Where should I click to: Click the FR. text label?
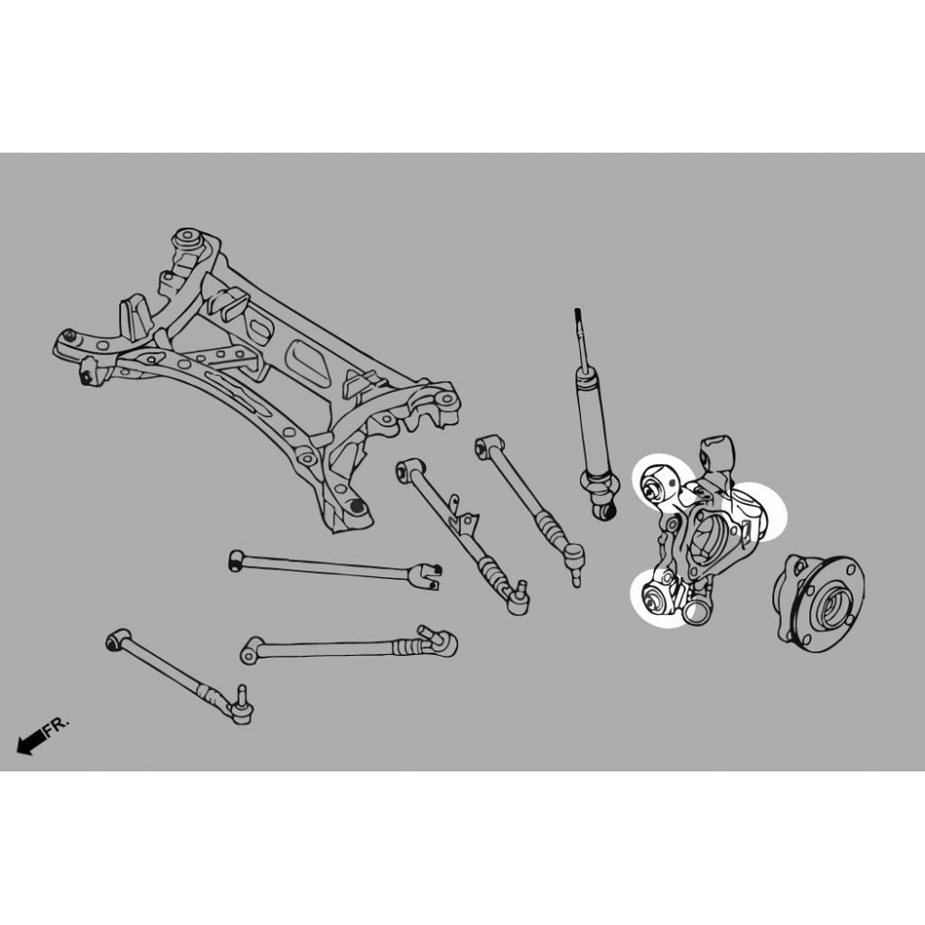coord(56,725)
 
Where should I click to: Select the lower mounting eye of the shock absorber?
coord(603,509)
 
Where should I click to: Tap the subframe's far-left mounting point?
coord(70,337)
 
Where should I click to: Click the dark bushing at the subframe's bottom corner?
coord(356,507)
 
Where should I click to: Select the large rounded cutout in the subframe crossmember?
coord(308,360)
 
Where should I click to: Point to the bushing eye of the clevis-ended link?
coord(236,560)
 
